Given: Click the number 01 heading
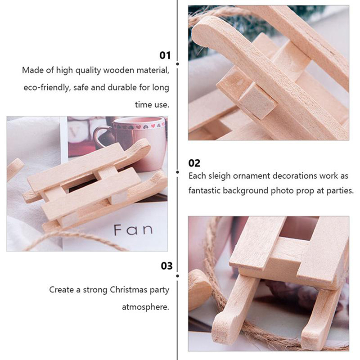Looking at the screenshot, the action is [165, 55].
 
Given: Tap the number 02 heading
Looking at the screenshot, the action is [194, 163].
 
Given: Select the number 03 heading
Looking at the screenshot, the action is [166, 266].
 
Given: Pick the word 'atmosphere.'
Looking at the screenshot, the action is [145, 307].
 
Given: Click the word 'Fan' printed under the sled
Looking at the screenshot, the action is [133, 230].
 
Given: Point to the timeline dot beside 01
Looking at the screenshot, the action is [177, 64].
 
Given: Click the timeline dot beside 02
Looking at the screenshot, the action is [177, 172].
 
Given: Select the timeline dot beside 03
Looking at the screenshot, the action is [177, 276].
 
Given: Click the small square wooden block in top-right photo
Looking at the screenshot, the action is [257, 101].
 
